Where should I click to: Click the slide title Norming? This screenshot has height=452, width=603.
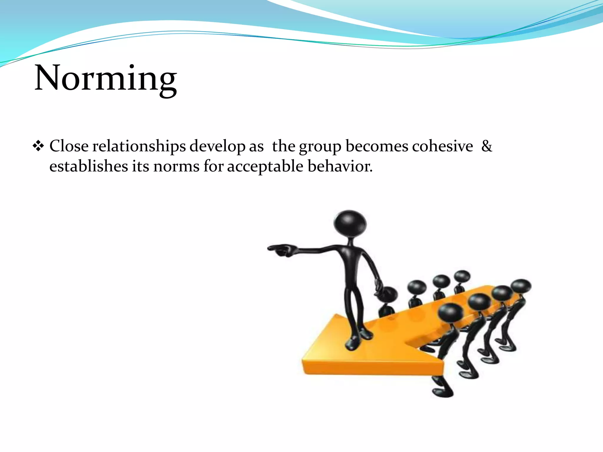point(106,78)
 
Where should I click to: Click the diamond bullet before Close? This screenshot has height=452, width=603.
point(38,146)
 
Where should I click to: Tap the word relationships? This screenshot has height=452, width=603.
point(139,146)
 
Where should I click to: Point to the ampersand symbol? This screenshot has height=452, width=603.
point(486,146)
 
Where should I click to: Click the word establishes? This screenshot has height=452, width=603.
point(89,166)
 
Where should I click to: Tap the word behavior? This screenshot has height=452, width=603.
point(340,166)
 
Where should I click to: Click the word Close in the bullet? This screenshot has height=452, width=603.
point(69,146)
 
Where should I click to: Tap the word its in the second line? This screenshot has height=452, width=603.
point(140,166)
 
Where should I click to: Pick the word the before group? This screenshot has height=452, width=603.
point(284,146)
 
